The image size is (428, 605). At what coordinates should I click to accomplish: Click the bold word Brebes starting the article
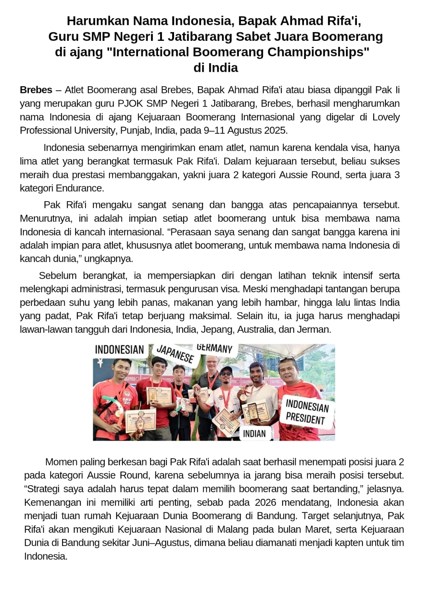[36, 90]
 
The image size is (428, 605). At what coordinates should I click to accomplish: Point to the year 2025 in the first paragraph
[275, 130]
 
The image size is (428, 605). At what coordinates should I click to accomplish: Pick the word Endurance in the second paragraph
[79, 188]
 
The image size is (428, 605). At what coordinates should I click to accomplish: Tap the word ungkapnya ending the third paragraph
[108, 259]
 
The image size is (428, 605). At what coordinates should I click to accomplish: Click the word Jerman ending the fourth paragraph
[317, 329]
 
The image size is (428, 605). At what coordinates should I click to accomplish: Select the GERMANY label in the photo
[215, 348]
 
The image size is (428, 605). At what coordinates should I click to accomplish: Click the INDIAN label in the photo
[254, 433]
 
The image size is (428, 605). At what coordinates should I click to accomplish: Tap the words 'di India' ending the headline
[215, 68]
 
